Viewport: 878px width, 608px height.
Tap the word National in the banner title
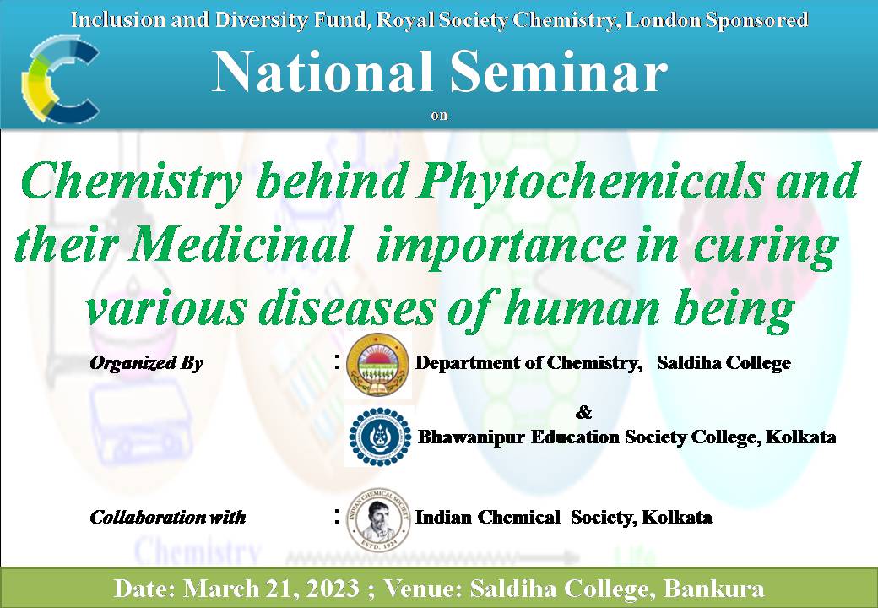322,73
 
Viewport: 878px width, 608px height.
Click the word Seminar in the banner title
559,73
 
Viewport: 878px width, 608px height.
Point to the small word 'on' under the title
440,116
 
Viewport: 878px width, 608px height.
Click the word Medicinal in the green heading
240,244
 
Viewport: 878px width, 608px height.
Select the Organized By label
146,363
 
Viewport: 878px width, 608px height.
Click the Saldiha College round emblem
378,365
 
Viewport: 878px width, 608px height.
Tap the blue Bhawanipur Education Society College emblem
380,437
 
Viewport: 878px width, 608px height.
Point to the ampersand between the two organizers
583,413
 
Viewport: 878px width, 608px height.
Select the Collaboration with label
167,517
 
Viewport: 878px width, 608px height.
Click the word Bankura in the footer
713,589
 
